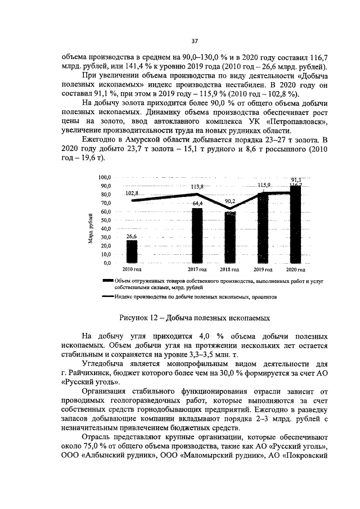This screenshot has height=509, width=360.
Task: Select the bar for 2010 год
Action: point(132,251)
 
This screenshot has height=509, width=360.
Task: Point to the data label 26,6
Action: point(132,237)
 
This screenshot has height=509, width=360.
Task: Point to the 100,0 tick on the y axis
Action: point(105,177)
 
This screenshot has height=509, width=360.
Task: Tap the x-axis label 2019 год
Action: point(263,271)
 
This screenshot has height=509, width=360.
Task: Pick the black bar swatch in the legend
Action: point(108,281)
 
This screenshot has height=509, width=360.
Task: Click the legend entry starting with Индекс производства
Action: point(195,296)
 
